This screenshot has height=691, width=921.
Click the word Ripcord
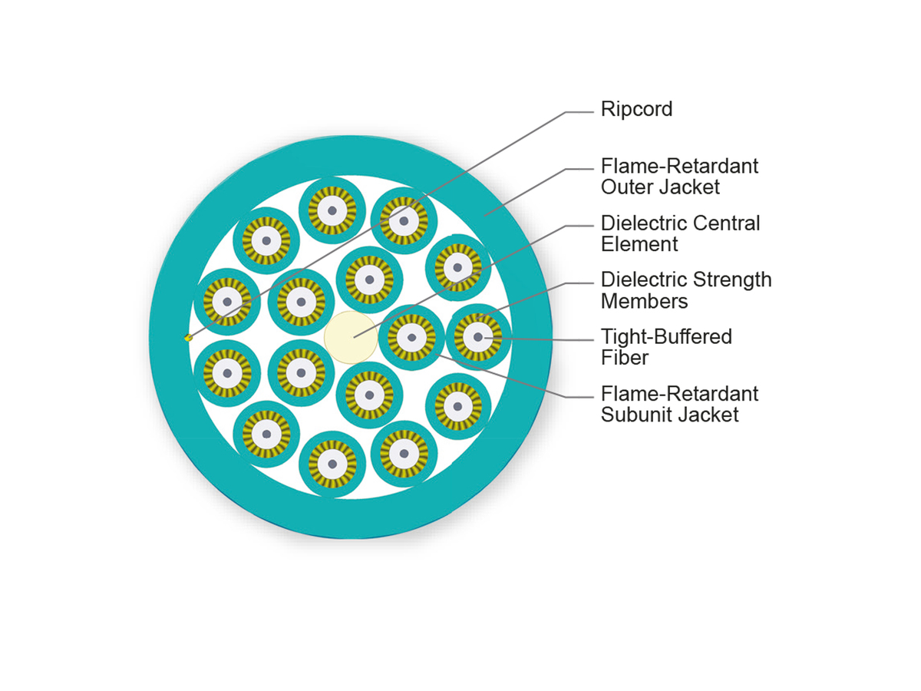[636, 109]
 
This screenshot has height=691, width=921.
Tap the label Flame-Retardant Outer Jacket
[679, 176]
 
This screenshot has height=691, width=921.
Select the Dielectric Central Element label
[680, 233]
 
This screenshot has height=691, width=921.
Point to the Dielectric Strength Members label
[685, 289]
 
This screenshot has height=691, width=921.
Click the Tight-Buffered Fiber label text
[666, 347]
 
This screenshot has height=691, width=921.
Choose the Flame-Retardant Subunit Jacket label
[679, 404]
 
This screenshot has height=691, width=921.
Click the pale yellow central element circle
[351, 337]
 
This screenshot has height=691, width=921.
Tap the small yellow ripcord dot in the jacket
[188, 337]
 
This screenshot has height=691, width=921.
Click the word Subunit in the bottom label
[636, 415]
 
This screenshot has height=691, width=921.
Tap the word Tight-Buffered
[666, 337]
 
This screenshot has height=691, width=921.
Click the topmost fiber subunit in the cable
[332, 210]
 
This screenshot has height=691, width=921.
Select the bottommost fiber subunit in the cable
[332, 464]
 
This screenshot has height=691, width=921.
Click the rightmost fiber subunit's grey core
[478, 337]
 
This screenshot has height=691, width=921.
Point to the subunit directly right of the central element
[411, 337]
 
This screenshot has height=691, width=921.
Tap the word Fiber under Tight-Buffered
[625, 358]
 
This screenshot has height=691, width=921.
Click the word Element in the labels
[639, 244]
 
